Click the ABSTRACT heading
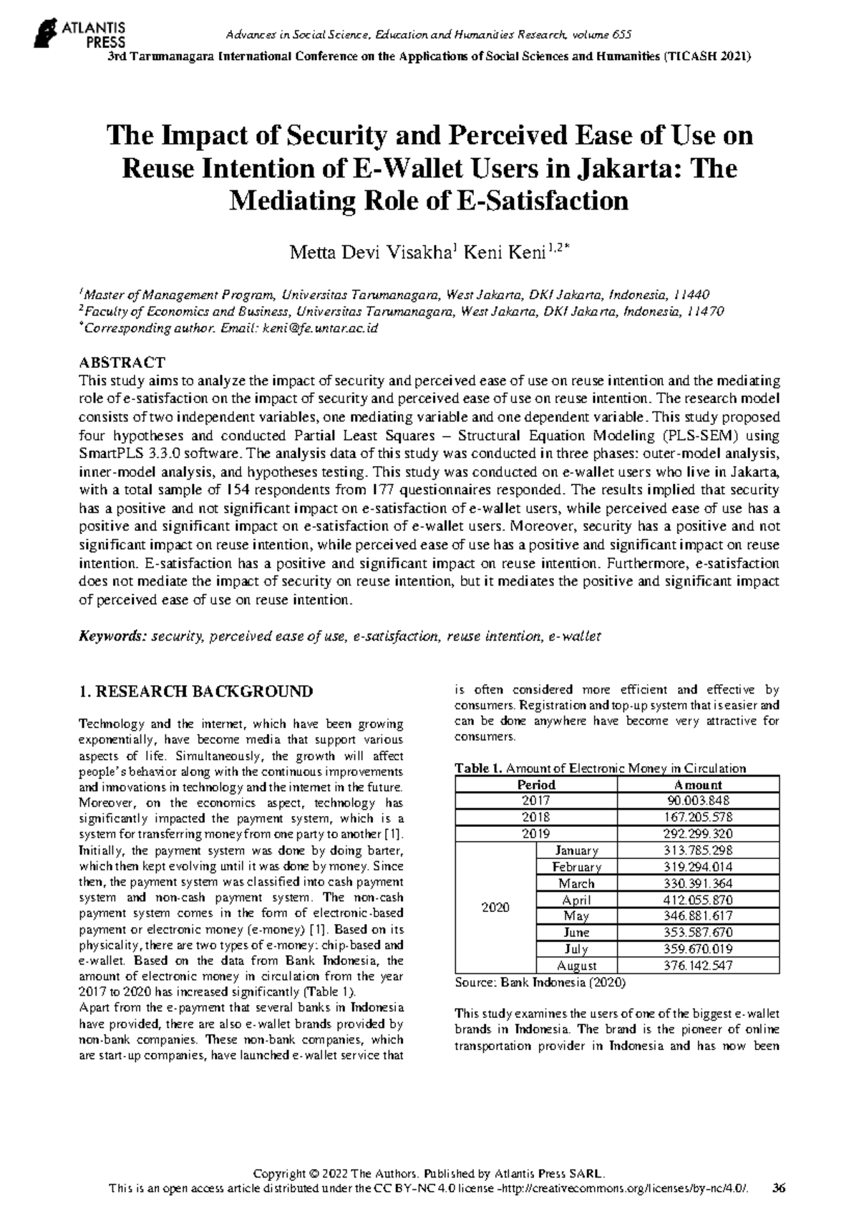coord(122,362)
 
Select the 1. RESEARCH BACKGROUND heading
coord(195,691)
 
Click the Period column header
coord(536,785)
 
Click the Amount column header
coord(698,785)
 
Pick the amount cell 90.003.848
coord(698,801)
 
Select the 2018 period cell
coord(536,817)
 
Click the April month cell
coord(576,900)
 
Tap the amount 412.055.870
coord(698,900)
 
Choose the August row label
coord(576,966)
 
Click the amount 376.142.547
coord(698,966)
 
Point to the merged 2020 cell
coord(495,908)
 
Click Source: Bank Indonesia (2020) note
coord(540,983)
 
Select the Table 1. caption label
coord(479,768)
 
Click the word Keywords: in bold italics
coord(112,636)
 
